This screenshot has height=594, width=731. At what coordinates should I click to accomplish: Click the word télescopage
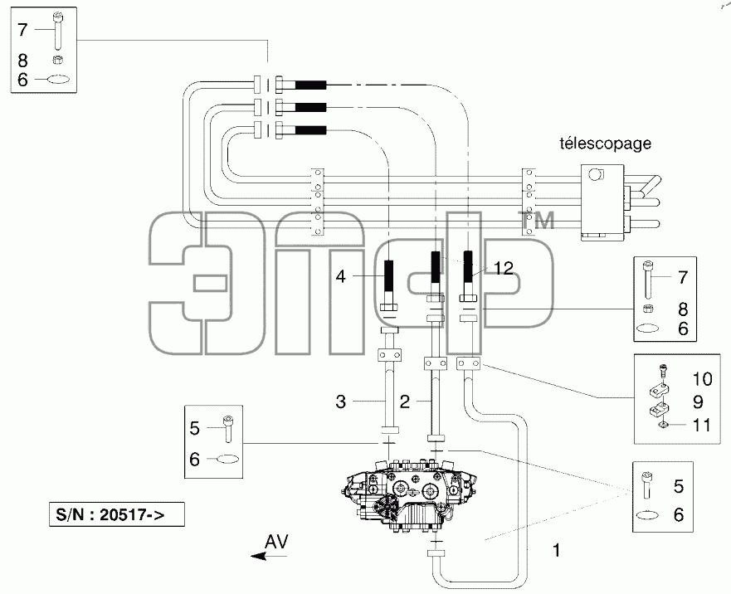605,144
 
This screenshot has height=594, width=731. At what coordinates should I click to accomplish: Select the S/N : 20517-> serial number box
116,514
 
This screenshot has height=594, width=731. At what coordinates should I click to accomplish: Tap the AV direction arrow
269,556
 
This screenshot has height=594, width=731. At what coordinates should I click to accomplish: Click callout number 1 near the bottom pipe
556,550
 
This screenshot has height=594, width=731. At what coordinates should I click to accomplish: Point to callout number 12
504,268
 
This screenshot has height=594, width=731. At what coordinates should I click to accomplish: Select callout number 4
341,276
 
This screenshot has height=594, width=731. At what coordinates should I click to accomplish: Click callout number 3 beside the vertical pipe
341,402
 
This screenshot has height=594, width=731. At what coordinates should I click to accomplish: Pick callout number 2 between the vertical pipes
405,402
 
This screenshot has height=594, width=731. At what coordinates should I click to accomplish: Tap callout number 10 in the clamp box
702,379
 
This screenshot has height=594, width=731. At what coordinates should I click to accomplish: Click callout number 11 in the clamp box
701,426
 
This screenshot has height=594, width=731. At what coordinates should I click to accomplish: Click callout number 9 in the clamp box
699,402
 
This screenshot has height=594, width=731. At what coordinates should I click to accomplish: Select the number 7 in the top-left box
22,30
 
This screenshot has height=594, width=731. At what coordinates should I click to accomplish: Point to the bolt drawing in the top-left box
58,31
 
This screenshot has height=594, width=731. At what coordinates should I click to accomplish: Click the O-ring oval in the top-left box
59,80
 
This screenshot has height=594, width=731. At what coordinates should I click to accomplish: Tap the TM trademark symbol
538,220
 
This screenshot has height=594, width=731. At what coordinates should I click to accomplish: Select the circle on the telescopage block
595,175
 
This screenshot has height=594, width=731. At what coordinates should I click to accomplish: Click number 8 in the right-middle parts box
683,309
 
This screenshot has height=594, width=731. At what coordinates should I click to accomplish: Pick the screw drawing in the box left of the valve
228,428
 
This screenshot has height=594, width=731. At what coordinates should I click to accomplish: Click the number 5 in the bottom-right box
679,486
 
